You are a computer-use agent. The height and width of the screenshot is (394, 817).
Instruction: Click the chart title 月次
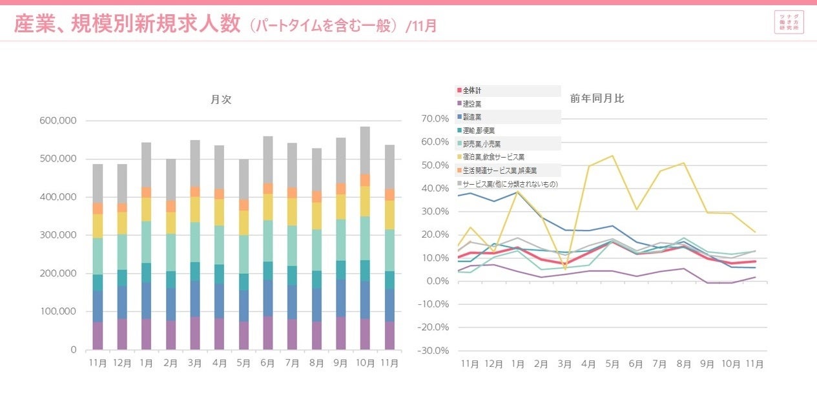[x=221, y=99]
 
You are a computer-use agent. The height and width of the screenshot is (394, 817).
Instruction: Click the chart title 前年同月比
[x=597, y=99]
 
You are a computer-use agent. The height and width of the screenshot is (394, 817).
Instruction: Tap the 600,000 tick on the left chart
[x=59, y=121]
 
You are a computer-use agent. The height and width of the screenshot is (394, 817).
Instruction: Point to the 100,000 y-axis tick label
[x=59, y=312]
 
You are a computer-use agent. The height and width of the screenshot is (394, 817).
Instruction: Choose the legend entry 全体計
[x=472, y=90]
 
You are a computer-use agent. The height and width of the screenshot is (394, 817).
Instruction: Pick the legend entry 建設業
[x=472, y=103]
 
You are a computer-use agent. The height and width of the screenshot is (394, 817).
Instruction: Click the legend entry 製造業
[x=472, y=117]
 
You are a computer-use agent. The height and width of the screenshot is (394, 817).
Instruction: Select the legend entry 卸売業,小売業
[x=482, y=143]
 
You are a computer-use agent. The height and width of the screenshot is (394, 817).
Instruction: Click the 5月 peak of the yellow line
[x=612, y=156]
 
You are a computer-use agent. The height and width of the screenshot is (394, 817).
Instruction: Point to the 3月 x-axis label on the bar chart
[x=195, y=364]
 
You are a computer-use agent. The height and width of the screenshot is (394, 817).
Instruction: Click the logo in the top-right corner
[x=789, y=22]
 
